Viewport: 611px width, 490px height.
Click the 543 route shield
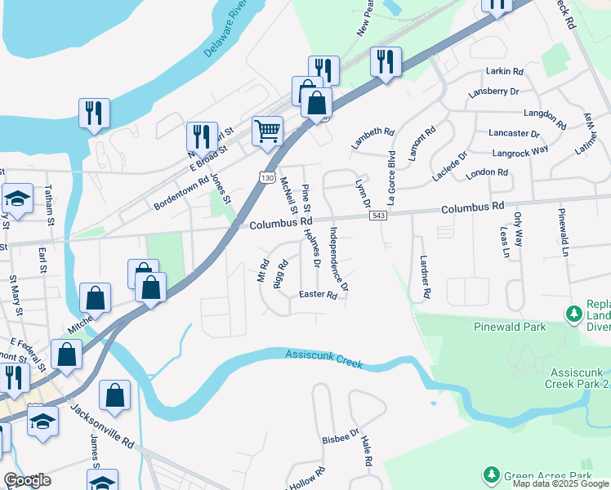[377, 215]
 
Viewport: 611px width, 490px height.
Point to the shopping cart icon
[267, 131]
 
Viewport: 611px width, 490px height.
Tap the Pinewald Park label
[509, 327]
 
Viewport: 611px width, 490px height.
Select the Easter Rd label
[318, 295]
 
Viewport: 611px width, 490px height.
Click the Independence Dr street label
[338, 259]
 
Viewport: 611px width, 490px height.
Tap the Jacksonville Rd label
[102, 428]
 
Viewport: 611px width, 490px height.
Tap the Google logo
[27, 480]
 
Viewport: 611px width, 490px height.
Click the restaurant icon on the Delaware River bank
[94, 114]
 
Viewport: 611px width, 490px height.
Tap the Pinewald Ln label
[563, 232]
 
